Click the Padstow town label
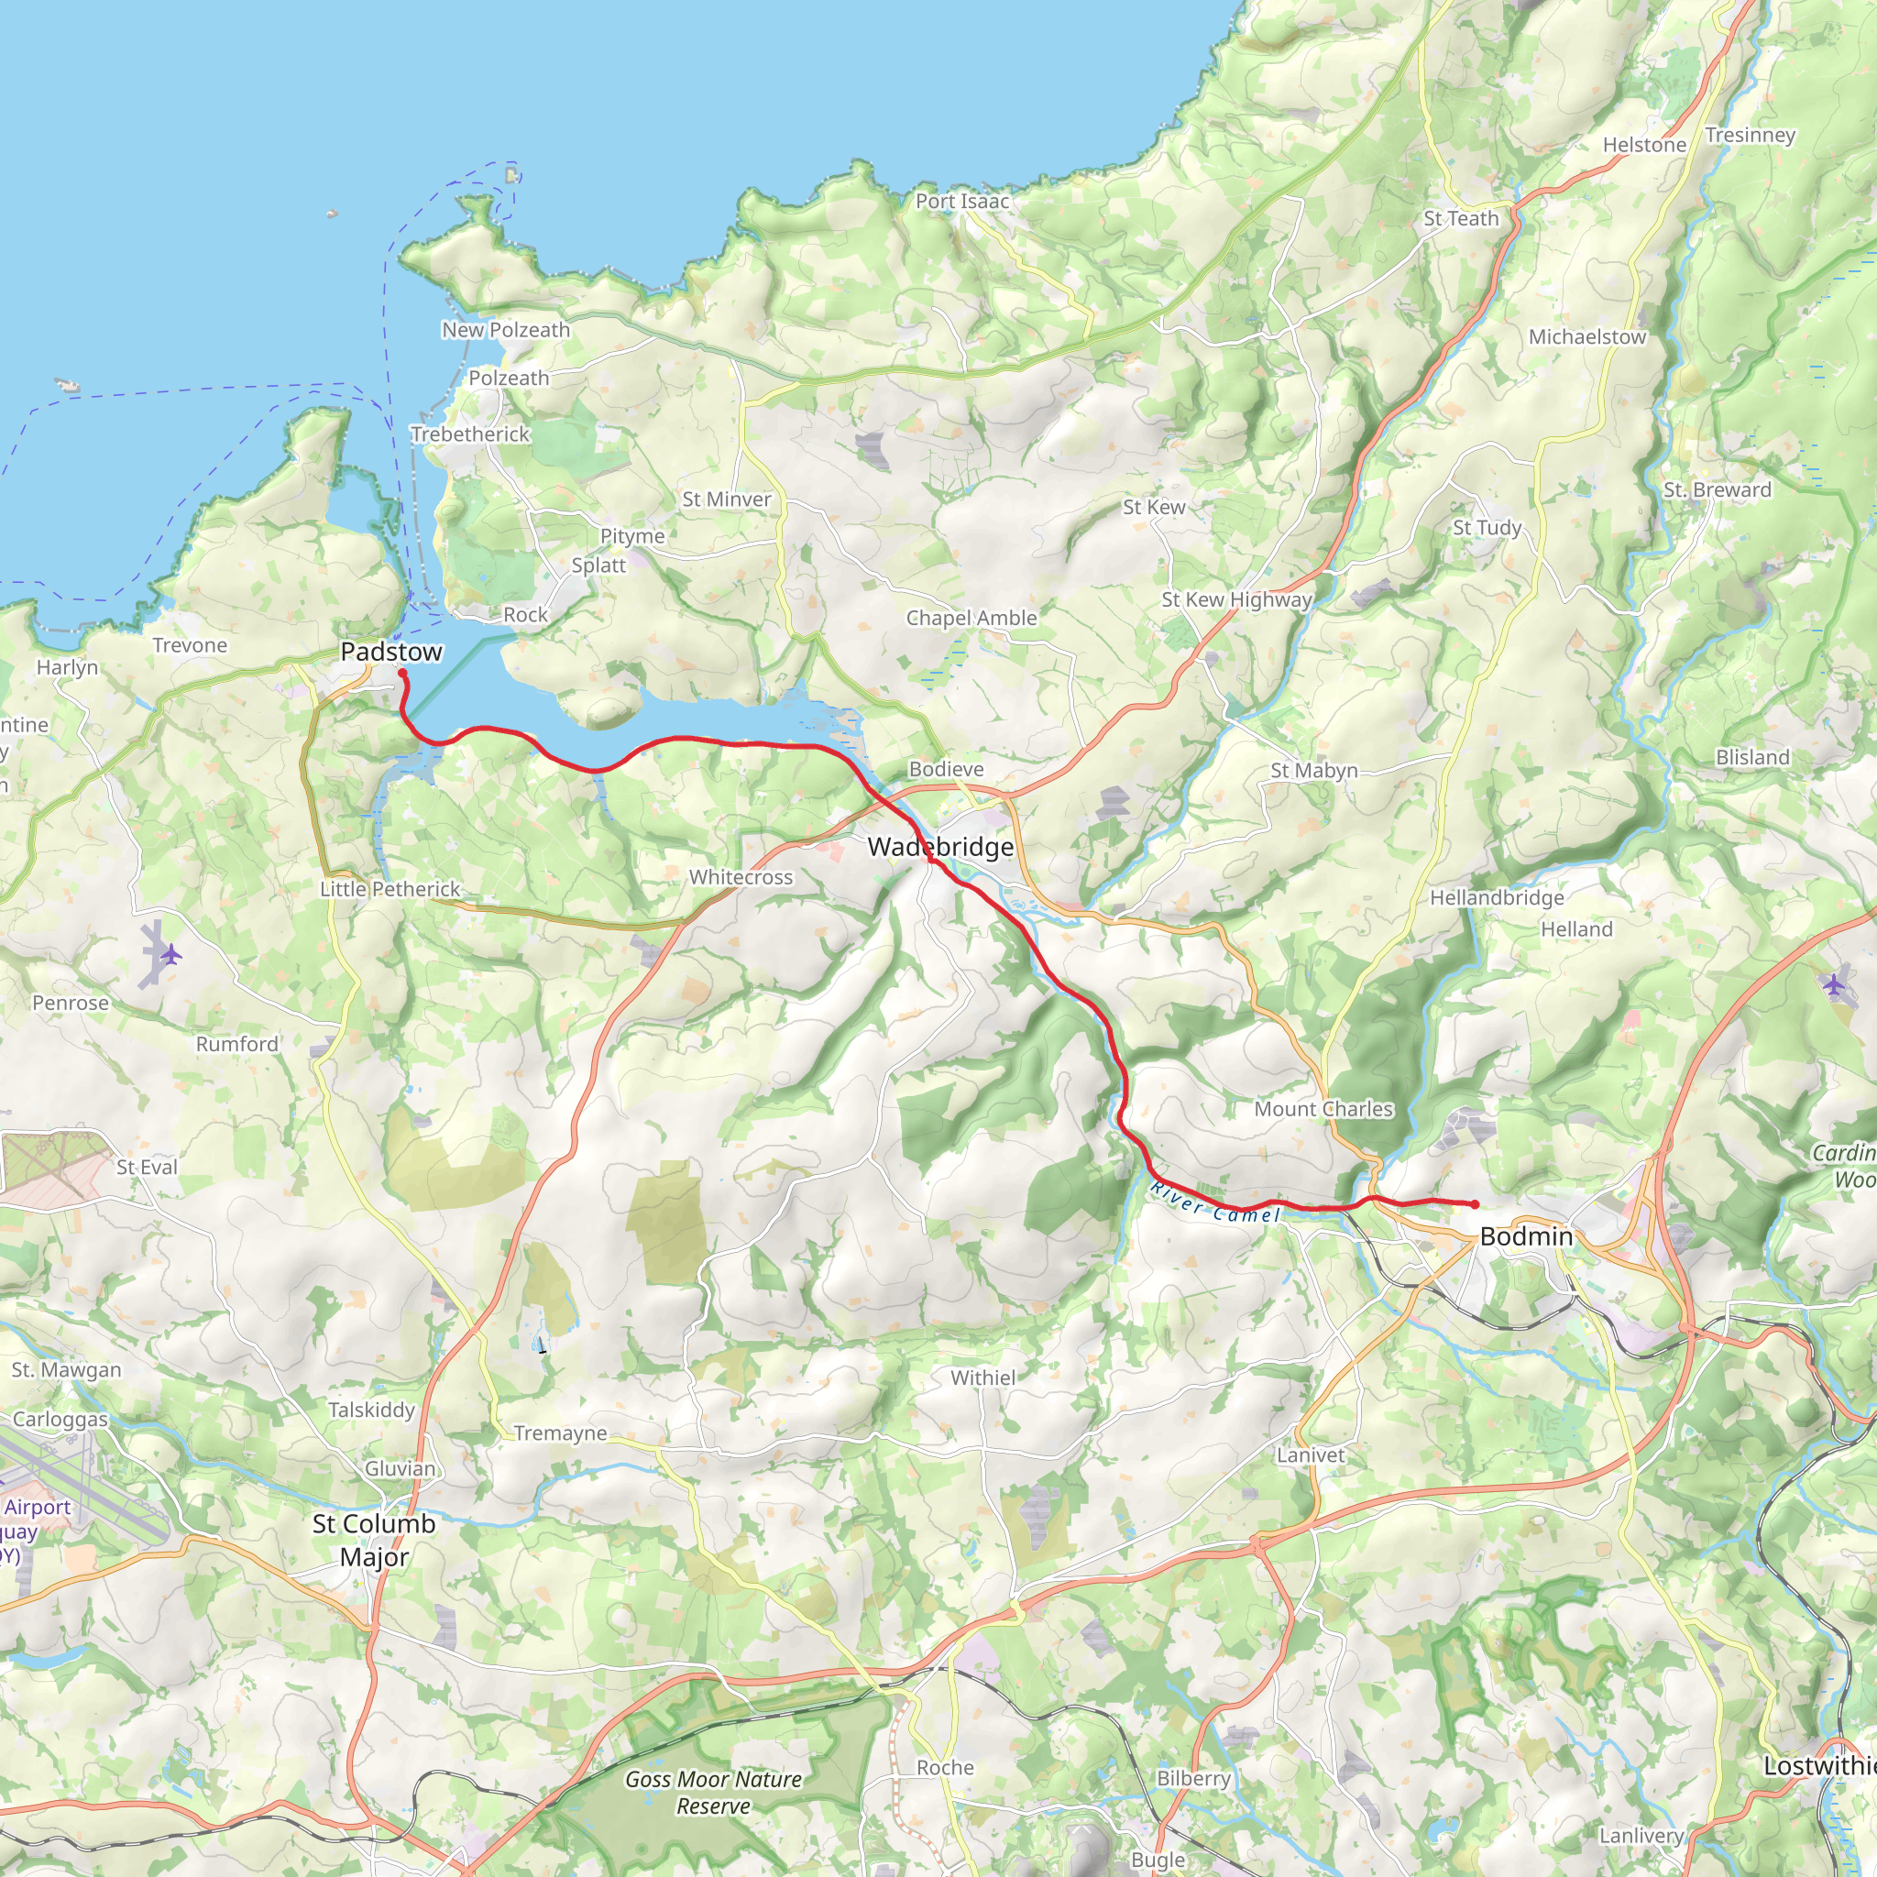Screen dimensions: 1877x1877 click(x=390, y=652)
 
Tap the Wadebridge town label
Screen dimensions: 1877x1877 click(x=939, y=847)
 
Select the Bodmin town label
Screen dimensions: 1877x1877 click(x=1525, y=1236)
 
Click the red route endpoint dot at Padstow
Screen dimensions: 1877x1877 click(x=401, y=674)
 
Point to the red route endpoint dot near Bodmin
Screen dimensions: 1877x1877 click(x=1474, y=1204)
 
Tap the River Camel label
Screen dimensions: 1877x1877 click(x=1215, y=1202)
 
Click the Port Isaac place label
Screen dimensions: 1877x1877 click(x=961, y=201)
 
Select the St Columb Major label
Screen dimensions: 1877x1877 click(x=374, y=1540)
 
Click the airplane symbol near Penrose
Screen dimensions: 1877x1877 click(x=171, y=954)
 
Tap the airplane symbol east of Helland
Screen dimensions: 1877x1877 click(x=1832, y=984)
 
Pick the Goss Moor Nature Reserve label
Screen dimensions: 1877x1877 click(x=713, y=1793)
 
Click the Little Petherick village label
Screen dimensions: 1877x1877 click(x=390, y=889)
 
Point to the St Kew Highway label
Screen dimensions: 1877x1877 click(x=1235, y=600)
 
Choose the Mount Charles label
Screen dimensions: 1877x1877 click(x=1323, y=1110)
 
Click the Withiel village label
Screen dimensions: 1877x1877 click(x=982, y=1378)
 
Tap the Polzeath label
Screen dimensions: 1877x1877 click(x=508, y=379)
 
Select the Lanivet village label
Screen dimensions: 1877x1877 click(x=1310, y=1455)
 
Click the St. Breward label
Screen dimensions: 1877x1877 click(x=1717, y=490)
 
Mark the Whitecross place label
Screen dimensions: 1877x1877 click(x=741, y=877)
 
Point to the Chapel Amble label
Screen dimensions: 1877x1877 click(x=971, y=618)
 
